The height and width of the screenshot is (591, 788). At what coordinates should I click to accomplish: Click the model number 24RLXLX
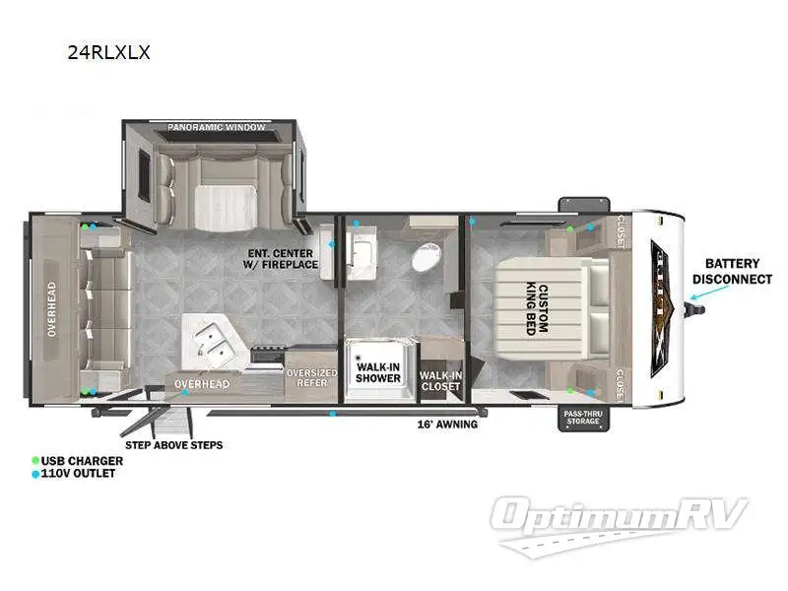coord(108,53)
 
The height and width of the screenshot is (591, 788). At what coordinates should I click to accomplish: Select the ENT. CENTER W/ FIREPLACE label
coord(282,257)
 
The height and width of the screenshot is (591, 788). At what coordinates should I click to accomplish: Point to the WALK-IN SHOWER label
coord(378,371)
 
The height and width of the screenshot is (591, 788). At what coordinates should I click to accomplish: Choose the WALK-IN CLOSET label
coord(439,380)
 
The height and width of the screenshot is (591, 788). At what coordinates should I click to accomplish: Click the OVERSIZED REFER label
coord(311,378)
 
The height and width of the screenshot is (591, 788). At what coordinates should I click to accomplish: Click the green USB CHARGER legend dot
coord(36,460)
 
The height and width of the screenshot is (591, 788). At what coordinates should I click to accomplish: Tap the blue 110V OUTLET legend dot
coord(36,474)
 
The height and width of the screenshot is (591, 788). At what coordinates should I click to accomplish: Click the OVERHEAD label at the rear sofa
coord(50,310)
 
